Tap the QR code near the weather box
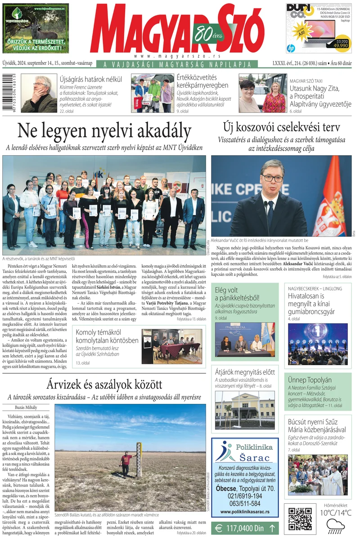click(300, 519)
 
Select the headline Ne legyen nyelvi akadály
click(104, 131)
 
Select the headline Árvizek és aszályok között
click(104, 385)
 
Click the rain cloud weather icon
click(335, 525)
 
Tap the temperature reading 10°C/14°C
click(335, 513)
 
